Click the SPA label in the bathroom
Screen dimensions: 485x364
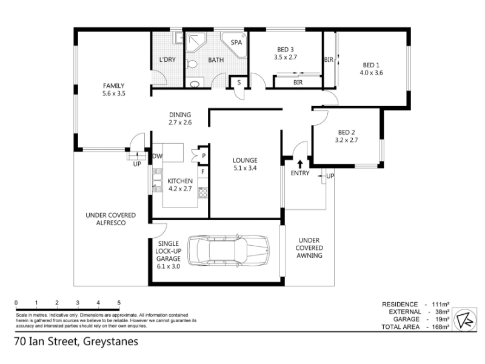point(236,42)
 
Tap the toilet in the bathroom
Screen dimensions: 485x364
point(192,64)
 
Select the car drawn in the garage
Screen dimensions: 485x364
point(229,251)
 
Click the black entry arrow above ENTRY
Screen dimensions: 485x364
point(300,164)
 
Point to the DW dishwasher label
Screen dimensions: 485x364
point(158,156)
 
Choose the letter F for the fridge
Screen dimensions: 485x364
point(203,172)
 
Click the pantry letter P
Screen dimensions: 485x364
point(204,156)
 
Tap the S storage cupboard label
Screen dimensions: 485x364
point(239,83)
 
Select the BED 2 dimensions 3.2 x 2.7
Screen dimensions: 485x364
point(346,140)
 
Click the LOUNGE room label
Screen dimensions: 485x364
point(245,160)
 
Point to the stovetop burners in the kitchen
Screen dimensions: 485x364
point(203,192)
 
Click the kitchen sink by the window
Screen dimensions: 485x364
point(158,180)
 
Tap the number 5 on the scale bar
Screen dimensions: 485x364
point(119,303)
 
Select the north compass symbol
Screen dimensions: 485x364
point(465,320)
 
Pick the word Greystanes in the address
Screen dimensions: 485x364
point(111,342)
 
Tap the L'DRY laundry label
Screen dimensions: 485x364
point(167,59)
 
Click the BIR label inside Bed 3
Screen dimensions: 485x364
point(298,83)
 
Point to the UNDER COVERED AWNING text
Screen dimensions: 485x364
point(309,248)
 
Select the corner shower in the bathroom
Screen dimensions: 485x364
point(194,42)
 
